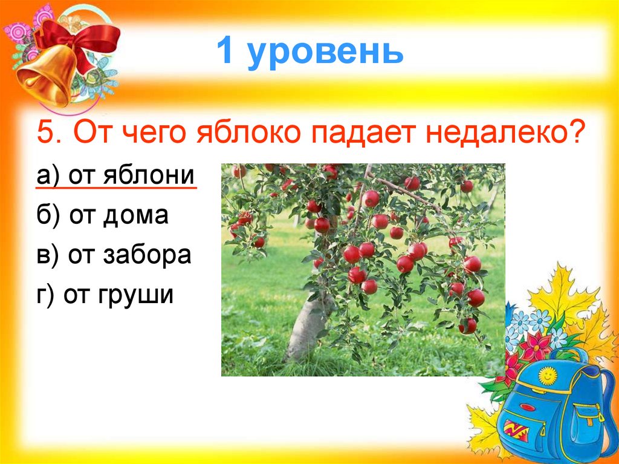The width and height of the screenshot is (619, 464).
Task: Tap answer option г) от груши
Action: [105, 296]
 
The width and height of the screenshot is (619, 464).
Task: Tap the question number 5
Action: [45, 132]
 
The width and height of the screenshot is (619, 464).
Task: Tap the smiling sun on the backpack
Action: [547, 375]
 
